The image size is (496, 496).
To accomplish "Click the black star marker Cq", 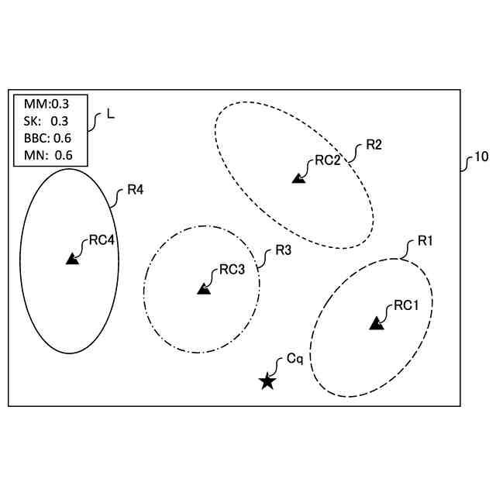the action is (267, 381).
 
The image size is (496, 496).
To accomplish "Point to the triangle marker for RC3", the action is (204, 288).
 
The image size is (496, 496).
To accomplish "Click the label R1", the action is (425, 241).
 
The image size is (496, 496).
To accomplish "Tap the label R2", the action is (374, 145).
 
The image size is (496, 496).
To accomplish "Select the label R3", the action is (284, 251).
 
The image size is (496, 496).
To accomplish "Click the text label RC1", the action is (406, 305).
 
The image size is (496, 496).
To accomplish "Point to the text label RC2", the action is (328, 161).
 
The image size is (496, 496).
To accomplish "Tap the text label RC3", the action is (232, 270).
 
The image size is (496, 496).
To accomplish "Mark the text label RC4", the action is (102, 240).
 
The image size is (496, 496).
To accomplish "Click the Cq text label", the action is (294, 359).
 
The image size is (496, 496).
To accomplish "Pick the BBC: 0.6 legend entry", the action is (48, 138).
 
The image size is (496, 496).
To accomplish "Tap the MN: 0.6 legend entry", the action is (48, 155).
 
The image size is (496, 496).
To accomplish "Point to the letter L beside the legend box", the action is (110, 114).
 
